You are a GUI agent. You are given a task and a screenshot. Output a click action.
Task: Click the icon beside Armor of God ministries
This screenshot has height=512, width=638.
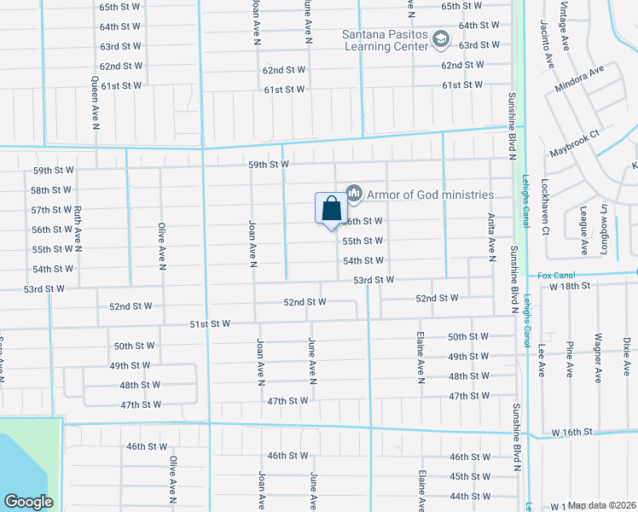(x=355, y=195)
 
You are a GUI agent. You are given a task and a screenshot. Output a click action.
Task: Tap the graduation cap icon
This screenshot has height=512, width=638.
(x=440, y=38)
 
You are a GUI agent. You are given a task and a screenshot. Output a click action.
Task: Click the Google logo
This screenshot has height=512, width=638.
(x=28, y=501)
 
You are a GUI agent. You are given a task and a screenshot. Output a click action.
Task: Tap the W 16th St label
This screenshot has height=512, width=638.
(x=571, y=433)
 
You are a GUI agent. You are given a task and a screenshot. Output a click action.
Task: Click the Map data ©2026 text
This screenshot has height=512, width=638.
(x=602, y=505)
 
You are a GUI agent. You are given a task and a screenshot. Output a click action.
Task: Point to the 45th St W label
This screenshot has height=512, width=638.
(x=469, y=476)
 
